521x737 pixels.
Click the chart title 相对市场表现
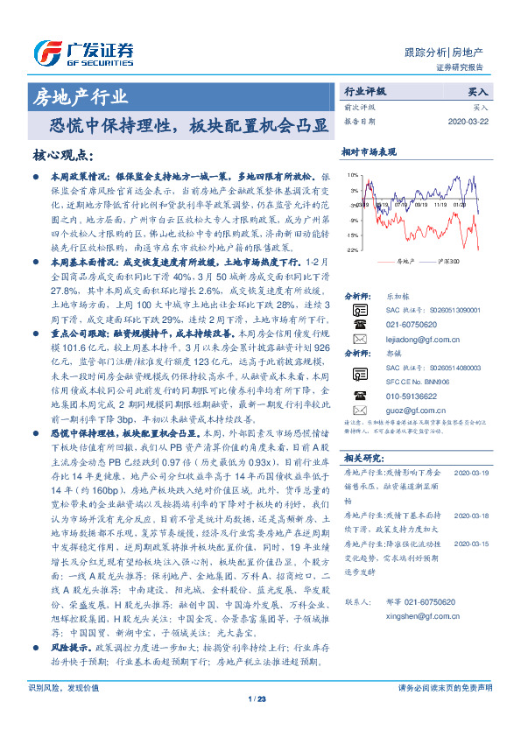click(x=369, y=151)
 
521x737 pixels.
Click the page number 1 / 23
click(x=259, y=722)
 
